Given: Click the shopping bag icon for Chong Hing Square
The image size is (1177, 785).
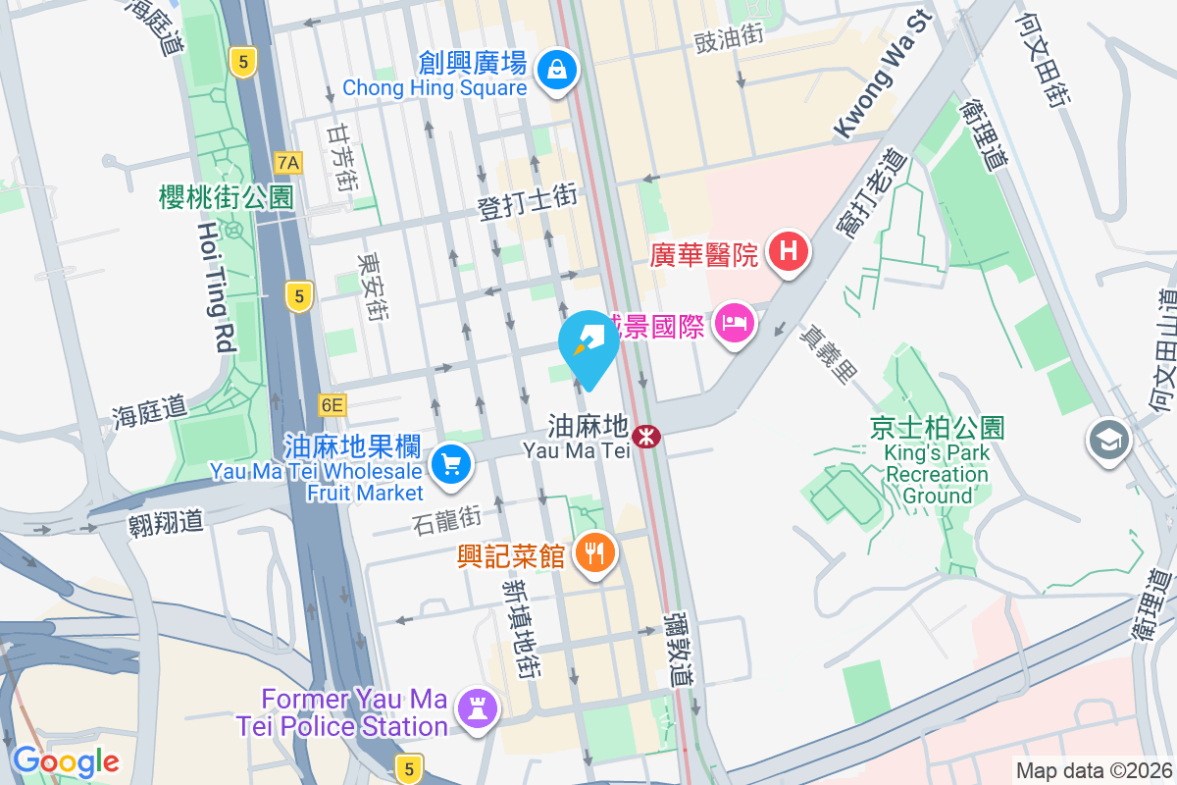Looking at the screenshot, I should coord(557,70).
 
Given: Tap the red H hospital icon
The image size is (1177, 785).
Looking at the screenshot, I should coord(789,253).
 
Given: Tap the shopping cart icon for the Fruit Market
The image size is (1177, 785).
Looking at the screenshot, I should coord(451,462).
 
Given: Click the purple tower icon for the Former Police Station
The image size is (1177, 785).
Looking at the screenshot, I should coord(478,711).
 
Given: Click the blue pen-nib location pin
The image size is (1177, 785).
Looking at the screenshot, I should coord(588,346).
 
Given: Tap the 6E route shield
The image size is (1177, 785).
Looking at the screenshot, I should coord(333,404).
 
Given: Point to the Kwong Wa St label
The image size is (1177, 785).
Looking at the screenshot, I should coord(881,76).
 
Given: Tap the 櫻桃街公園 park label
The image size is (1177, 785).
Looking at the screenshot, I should coord(226,197).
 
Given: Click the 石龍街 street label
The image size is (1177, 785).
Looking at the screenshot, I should coord(447,520).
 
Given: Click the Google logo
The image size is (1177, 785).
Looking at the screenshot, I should coord(66,760).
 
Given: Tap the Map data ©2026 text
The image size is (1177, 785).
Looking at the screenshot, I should coord(1093,770).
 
